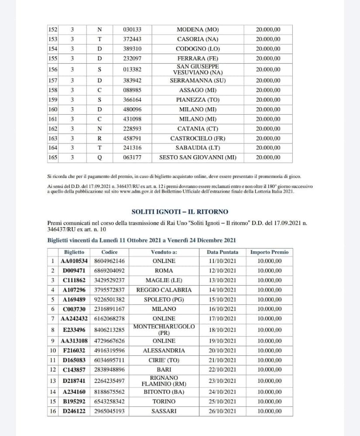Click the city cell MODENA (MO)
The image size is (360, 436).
[x=198, y=30]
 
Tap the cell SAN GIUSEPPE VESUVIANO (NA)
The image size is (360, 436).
[x=198, y=69]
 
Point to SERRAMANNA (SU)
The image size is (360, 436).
[x=198, y=81]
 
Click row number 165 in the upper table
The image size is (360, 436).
[x=53, y=157]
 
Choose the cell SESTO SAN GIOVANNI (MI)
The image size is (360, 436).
[x=198, y=157]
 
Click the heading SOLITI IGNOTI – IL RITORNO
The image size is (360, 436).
[x=180, y=212]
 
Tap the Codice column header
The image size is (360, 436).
[x=109, y=252]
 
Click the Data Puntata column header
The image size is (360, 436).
[x=223, y=252]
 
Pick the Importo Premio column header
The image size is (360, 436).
[x=269, y=252]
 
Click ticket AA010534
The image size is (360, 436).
[x=75, y=261]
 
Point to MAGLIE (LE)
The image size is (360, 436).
[x=164, y=280]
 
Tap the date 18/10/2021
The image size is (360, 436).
[x=223, y=330]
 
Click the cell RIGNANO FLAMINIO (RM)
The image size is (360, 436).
[x=164, y=381]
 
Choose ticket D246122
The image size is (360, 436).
[x=75, y=411]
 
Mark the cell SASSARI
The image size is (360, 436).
[x=164, y=411]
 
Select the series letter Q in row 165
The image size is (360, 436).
[x=99, y=157]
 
